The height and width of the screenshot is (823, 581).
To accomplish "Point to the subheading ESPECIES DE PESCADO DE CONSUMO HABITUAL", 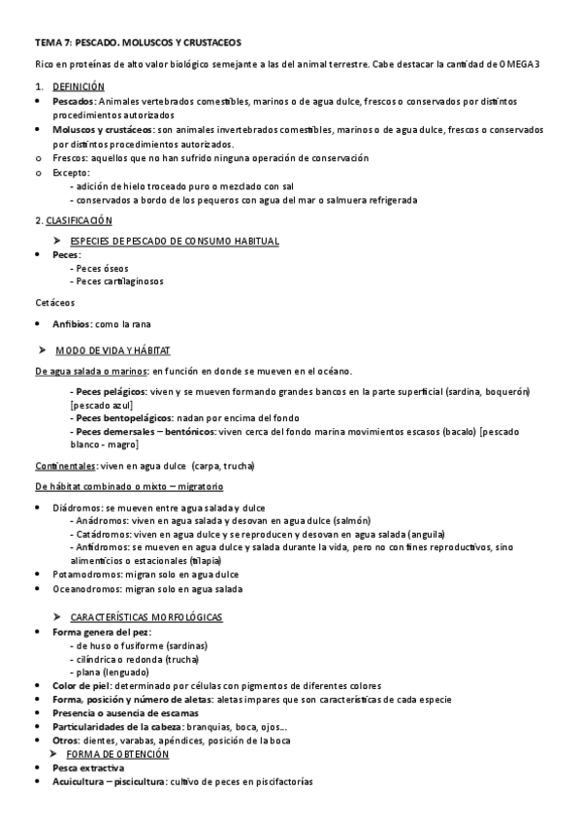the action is click(175, 240).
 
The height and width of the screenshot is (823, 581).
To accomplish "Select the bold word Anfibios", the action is click(73, 323).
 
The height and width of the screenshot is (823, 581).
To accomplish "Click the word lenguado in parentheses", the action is click(126, 672).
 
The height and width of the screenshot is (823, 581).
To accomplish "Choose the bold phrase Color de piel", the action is click(80, 685).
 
